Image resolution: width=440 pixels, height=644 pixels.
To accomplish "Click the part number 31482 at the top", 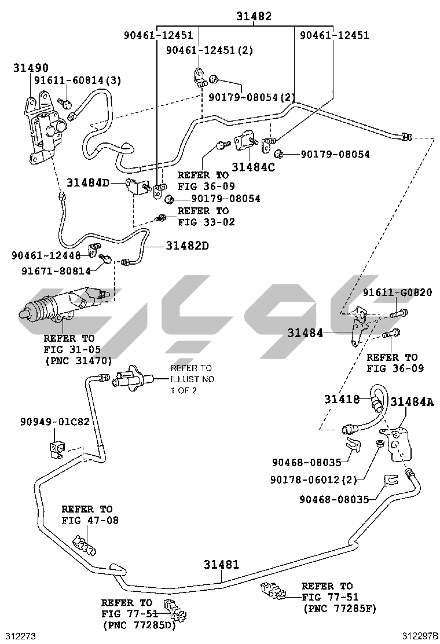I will pyautogui.click(x=253, y=17).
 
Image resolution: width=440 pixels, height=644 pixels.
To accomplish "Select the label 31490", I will pyautogui.click(x=31, y=68).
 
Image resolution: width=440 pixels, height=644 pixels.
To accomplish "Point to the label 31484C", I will pyautogui.click(x=253, y=167).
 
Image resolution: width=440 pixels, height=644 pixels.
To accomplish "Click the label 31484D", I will pyautogui.click(x=87, y=183).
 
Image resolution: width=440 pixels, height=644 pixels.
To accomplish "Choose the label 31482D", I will pyautogui.click(x=187, y=246).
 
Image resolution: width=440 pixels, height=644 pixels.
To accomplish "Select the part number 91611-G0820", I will pyautogui.click(x=397, y=292).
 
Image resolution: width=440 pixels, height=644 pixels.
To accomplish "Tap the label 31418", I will pyautogui.click(x=342, y=399).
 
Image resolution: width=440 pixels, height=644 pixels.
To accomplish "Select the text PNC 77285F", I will pyautogui.click(x=339, y=609).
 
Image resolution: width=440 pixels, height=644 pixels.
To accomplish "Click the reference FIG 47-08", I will pyautogui.click(x=90, y=520).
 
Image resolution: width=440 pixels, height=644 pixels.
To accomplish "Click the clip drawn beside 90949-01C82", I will pyautogui.click(x=56, y=449).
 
